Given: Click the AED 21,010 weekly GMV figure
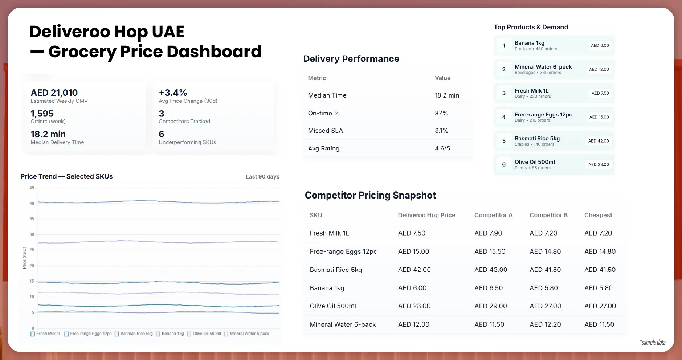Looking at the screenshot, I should click(x=54, y=93).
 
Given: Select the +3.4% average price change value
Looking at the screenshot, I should click(x=173, y=93).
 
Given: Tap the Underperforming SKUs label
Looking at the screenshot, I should click(x=187, y=142).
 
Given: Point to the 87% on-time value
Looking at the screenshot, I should click(x=441, y=113).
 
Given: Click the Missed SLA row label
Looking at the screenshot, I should click(x=325, y=131).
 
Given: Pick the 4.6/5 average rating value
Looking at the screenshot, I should click(x=442, y=148).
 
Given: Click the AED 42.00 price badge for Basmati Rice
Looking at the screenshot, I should click(x=599, y=141).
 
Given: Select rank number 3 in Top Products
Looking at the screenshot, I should click(x=504, y=93).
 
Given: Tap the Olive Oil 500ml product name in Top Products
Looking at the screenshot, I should click(x=535, y=162).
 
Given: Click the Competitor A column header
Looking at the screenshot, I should click(x=493, y=215).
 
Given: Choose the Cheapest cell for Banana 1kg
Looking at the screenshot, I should click(x=598, y=288).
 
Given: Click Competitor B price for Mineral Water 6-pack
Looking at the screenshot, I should click(x=545, y=324).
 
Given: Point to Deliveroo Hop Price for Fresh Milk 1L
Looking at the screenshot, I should click(x=412, y=233).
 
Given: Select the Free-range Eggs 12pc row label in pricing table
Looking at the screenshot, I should click(x=343, y=251).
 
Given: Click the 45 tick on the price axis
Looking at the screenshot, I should click(x=32, y=188).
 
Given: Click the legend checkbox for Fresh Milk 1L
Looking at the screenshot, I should click(x=33, y=334).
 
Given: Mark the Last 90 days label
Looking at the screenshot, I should click(x=262, y=177).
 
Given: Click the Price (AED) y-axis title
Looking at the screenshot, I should click(x=24, y=258).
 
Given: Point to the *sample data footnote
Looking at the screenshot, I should click(x=652, y=342).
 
